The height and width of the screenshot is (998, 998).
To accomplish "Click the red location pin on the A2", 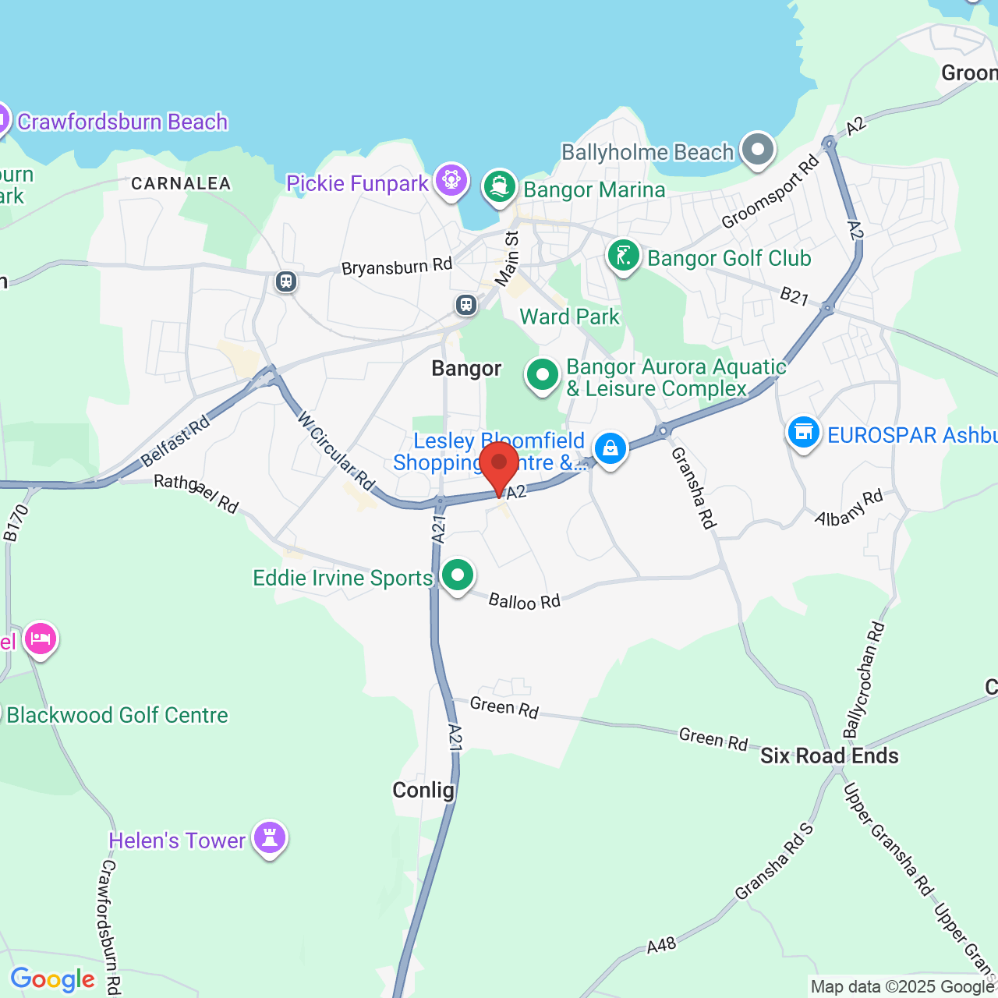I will (499, 465).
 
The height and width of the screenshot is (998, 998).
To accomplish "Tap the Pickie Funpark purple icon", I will (451, 180).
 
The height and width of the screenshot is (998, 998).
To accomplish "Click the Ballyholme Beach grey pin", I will (757, 149).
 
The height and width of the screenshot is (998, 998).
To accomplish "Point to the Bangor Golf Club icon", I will (624, 256).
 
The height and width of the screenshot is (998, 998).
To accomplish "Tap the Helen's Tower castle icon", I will (270, 838).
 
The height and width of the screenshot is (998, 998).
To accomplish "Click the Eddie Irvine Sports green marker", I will (458, 575).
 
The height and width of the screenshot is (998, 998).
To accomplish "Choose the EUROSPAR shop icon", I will (803, 432).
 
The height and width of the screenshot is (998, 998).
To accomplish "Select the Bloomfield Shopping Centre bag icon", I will (610, 449).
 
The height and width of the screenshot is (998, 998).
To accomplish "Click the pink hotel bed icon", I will (41, 639).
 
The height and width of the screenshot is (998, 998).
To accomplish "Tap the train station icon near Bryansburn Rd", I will (286, 281).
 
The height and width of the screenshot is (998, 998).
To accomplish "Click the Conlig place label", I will (423, 790).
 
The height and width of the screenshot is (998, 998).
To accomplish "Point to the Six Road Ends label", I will (829, 756).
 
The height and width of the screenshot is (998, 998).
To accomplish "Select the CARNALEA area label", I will (181, 183).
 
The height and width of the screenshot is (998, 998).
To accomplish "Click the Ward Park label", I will (569, 317).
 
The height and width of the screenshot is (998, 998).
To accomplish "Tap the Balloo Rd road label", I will (524, 601).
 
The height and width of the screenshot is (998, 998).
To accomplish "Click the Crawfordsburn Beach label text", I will (122, 122).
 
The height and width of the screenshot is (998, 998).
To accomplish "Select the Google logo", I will (53, 979).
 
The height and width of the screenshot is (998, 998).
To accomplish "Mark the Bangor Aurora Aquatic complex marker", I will (542, 375).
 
